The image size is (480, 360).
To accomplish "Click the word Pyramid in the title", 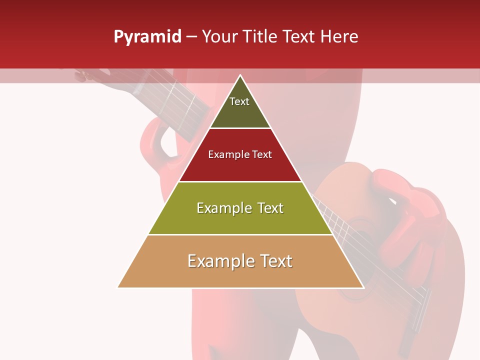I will pos(147,37).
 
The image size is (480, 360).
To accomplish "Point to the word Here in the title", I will pos(340,36).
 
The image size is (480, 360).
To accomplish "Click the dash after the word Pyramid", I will pos(191,37).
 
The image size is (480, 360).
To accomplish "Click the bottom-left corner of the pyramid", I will pos(118,287).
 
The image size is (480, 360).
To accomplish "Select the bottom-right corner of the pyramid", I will pos(363,287).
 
